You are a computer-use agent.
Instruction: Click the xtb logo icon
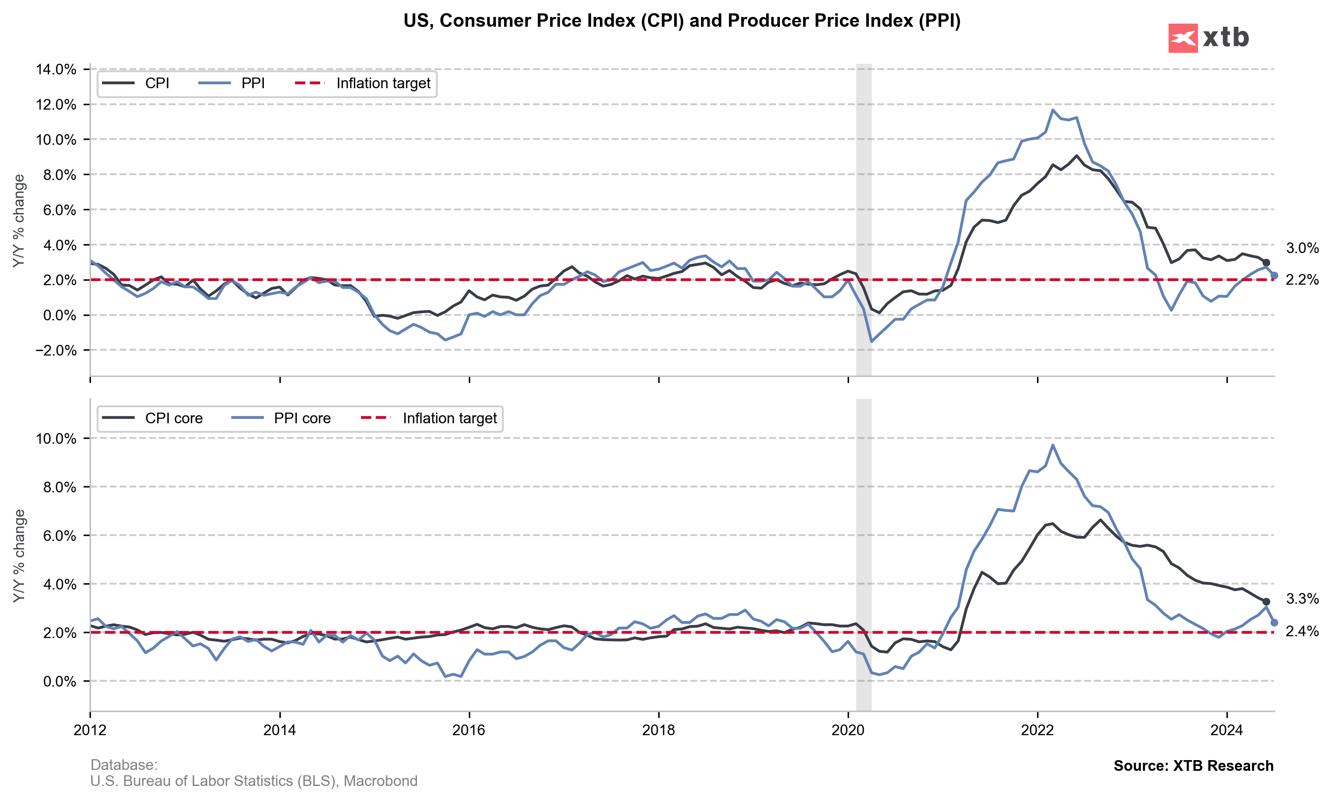point(1182,38)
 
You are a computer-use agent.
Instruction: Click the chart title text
point(681,20)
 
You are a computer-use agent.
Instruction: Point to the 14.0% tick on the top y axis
point(56,69)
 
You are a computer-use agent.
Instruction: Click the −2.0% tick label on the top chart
point(56,350)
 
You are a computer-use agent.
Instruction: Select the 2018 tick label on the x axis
point(658,730)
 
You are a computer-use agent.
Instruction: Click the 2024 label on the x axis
point(1226,730)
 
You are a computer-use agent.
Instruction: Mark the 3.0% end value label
point(1302,248)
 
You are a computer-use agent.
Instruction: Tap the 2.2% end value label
point(1302,280)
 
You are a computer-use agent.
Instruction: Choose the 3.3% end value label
point(1302,599)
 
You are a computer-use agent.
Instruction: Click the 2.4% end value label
point(1302,631)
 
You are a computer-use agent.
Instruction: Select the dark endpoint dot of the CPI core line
point(1266,601)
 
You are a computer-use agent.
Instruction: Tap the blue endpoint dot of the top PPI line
point(1274,276)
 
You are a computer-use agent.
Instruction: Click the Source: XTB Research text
point(1193,766)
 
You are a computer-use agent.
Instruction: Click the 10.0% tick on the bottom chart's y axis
point(56,438)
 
